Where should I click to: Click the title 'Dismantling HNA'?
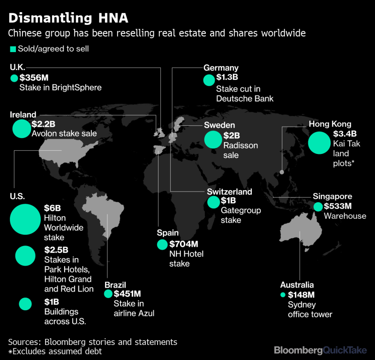coord(68,18)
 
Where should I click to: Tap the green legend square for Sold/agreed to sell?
coord(13,49)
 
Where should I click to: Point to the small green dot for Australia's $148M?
coord(283,295)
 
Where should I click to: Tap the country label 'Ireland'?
coord(23,115)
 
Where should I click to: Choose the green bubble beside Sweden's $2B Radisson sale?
coord(213,139)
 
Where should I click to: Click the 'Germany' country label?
coord(221,68)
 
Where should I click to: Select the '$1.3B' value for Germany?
coord(227,77)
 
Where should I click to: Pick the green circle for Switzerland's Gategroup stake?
coord(214,202)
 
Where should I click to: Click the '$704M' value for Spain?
coord(184,244)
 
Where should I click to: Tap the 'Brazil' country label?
coord(115,285)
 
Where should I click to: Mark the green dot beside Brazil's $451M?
coord(108,294)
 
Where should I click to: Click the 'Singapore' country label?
coord(332,197)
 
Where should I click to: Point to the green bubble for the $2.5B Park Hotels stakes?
coord(25,255)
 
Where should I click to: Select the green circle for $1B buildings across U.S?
coord(25,304)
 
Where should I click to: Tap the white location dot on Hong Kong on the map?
coord(281,172)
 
